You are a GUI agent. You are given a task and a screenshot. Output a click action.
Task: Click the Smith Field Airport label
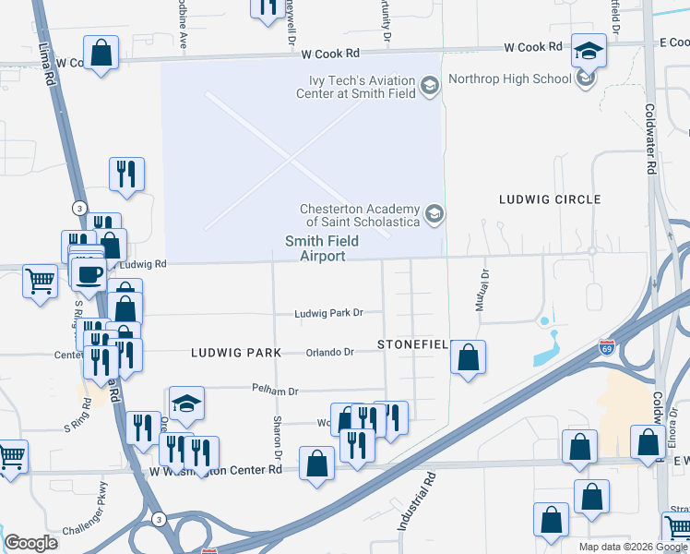pos(314,249)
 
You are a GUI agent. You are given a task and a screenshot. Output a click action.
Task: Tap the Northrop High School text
pos(509,78)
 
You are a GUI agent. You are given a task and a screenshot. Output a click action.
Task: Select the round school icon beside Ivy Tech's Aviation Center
pos(429,87)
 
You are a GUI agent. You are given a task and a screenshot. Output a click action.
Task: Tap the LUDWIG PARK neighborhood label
pos(235,353)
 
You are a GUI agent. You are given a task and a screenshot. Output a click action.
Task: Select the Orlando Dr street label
pos(330,352)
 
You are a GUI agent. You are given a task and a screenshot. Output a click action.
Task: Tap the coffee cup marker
pos(90,274)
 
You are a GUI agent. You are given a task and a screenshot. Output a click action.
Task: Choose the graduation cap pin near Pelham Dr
pos(186,403)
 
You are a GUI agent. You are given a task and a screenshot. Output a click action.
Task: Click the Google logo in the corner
pos(30,543)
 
